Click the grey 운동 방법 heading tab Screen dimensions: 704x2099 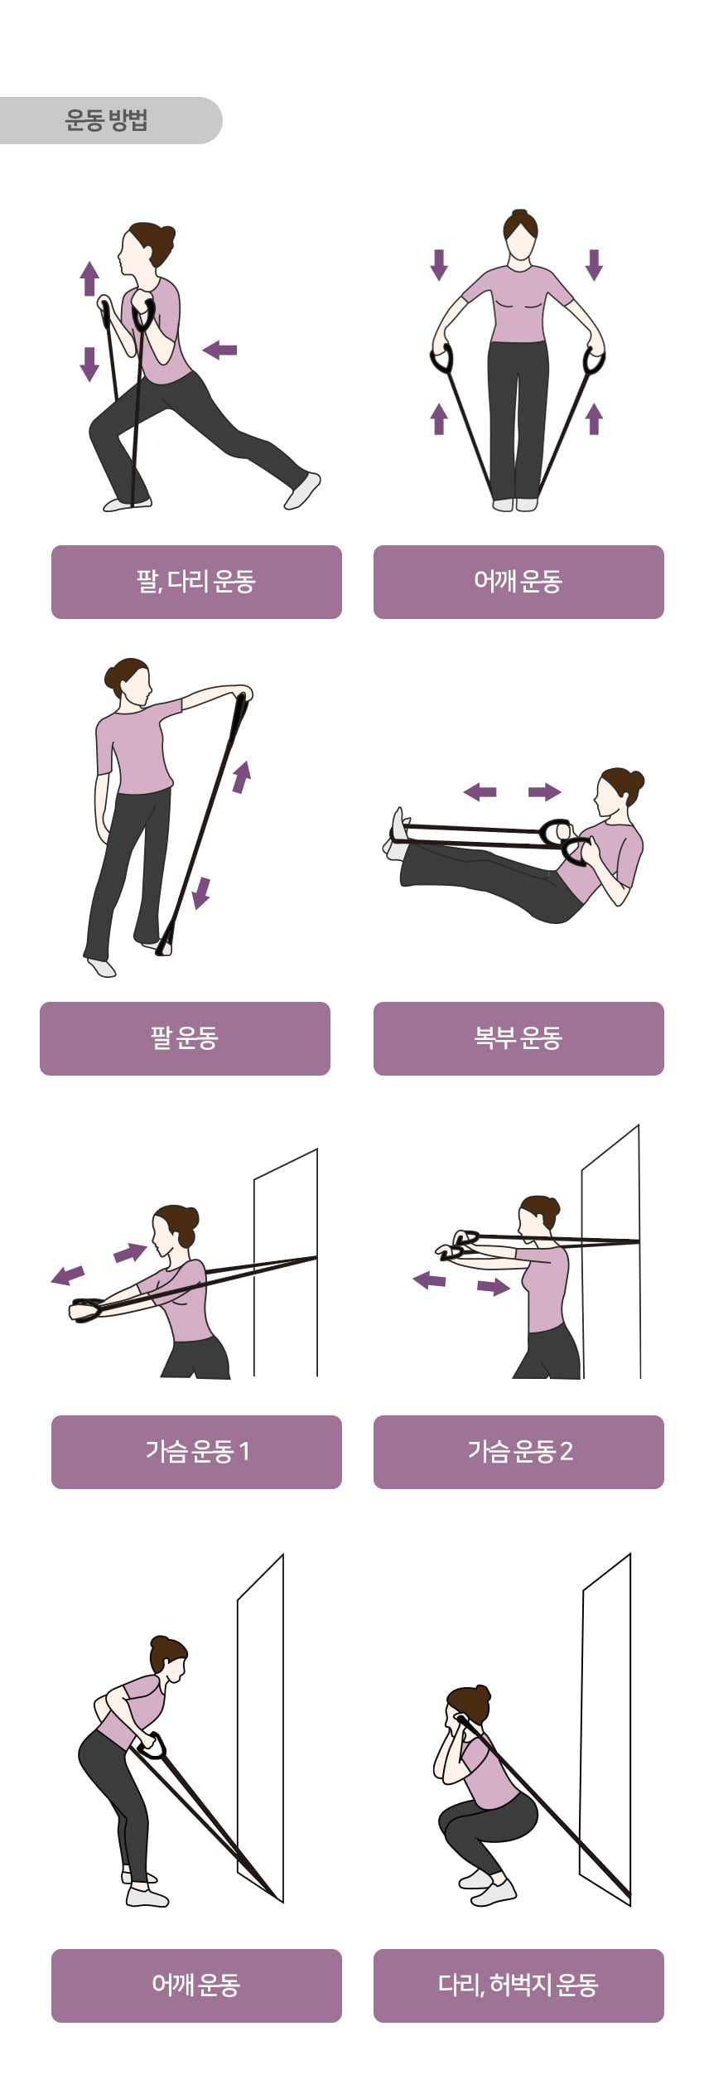click(108, 120)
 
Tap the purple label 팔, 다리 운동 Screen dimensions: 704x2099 click(196, 582)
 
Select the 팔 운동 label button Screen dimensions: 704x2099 click(185, 1038)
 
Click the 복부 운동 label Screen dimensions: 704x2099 click(518, 1038)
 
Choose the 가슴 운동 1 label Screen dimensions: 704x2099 click(196, 1452)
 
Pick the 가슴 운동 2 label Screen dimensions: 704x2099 click(518, 1452)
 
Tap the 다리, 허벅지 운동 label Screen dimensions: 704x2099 click(518, 1985)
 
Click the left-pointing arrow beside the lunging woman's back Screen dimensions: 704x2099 click(219, 350)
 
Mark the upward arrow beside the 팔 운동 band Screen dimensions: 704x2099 click(241, 776)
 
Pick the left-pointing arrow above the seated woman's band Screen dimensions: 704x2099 click(480, 792)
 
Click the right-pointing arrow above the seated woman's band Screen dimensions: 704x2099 click(545, 792)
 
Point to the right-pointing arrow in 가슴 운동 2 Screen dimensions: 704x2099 click(494, 1287)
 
